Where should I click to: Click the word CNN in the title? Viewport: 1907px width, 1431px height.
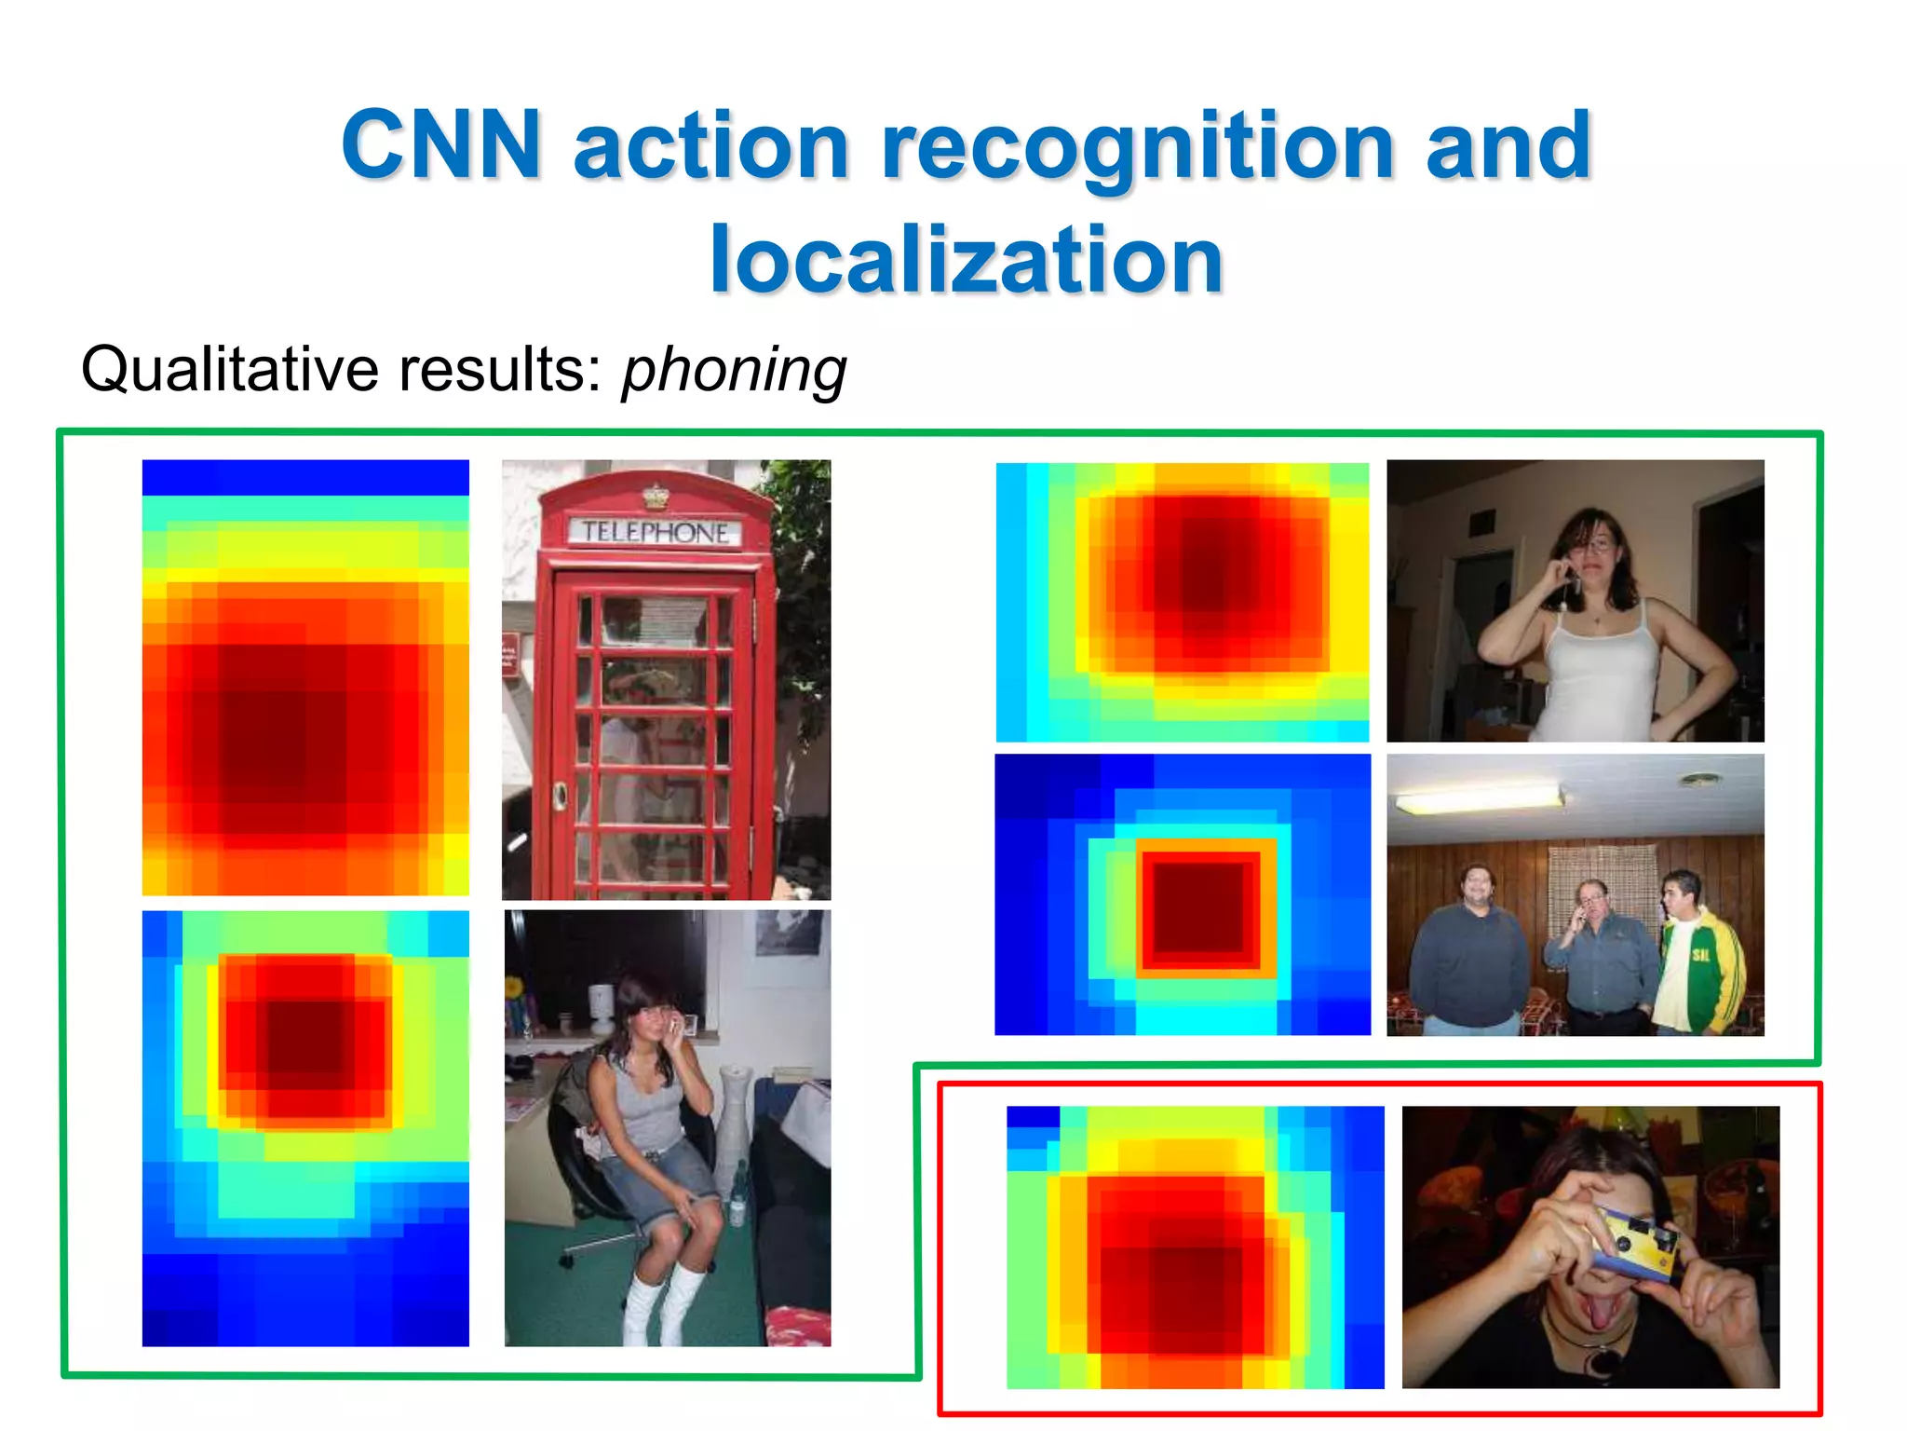(x=440, y=145)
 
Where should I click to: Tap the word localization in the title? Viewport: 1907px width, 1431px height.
(x=966, y=260)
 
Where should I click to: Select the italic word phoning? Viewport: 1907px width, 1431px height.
(x=734, y=370)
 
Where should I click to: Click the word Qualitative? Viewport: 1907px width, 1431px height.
(x=230, y=370)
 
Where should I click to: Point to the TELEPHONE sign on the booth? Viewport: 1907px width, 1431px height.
(x=656, y=532)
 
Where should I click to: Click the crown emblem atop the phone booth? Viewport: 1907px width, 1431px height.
(x=656, y=497)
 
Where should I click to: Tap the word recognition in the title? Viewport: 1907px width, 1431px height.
(x=1137, y=145)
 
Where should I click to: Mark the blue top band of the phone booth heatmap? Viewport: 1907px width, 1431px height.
(x=305, y=477)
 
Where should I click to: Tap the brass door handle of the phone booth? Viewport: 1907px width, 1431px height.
(x=561, y=794)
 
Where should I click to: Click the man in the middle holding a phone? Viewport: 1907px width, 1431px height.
(x=1600, y=955)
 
